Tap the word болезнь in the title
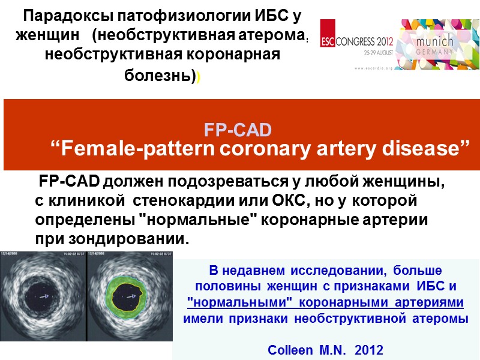click(158, 77)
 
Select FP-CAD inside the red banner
click(238, 130)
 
